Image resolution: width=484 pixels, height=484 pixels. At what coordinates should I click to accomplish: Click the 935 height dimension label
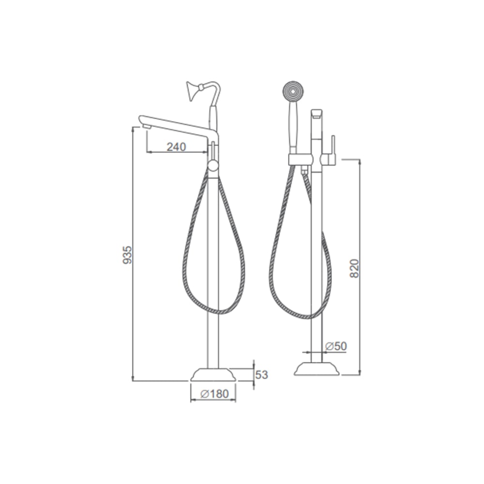(127, 255)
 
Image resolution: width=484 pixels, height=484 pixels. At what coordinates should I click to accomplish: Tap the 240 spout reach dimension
(176, 147)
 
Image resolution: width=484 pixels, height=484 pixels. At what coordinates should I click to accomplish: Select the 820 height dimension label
(355, 268)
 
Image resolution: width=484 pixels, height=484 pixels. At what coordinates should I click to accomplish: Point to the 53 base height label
(261, 375)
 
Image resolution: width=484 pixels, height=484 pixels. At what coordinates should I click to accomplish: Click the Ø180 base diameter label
(214, 394)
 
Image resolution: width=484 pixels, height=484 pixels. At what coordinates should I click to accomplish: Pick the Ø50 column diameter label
(336, 346)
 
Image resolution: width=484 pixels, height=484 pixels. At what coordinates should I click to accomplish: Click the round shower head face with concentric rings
(293, 91)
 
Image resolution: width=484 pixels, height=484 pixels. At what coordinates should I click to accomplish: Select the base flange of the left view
(213, 375)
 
